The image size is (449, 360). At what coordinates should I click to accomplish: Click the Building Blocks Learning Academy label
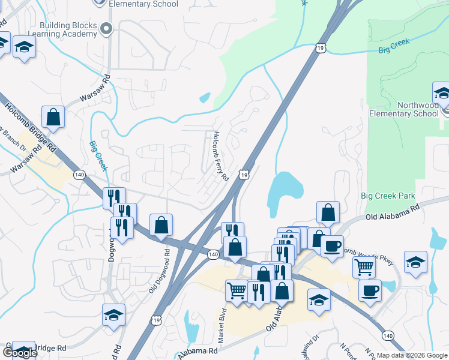[68, 29]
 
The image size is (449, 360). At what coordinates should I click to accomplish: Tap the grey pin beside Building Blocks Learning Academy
[107, 28]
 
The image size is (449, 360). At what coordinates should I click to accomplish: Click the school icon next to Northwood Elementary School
[442, 94]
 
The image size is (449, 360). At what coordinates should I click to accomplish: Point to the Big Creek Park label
[388, 196]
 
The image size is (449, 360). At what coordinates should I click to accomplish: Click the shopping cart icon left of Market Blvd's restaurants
[237, 290]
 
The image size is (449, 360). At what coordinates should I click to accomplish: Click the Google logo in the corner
[19, 352]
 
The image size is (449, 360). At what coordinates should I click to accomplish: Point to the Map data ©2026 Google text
[412, 355]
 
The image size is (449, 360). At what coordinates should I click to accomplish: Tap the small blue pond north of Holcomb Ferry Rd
[205, 97]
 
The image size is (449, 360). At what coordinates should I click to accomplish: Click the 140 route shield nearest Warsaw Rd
[79, 175]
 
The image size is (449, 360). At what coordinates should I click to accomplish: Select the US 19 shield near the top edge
[320, 47]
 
